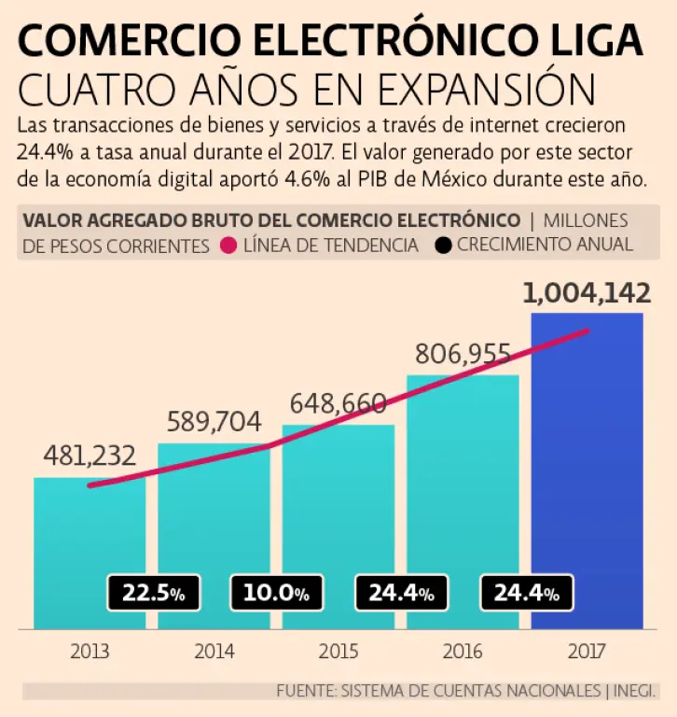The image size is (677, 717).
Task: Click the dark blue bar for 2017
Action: click(587, 467)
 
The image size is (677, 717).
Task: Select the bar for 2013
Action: click(90, 551)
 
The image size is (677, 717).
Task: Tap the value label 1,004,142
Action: click(587, 293)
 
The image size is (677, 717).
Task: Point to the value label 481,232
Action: click(90, 456)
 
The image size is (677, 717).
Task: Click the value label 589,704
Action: click(214, 422)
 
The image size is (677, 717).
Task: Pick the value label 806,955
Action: click(463, 354)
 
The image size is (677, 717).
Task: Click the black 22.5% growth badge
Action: click(151, 593)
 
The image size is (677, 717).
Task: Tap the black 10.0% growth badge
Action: click(276, 593)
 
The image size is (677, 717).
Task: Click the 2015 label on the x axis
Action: click(338, 651)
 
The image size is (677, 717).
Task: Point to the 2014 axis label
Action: click(214, 651)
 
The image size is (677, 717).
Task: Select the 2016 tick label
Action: click(463, 651)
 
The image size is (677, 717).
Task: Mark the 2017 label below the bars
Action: click(587, 651)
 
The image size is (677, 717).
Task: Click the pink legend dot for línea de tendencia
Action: click(227, 246)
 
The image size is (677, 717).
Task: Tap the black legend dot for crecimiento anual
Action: click(443, 246)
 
